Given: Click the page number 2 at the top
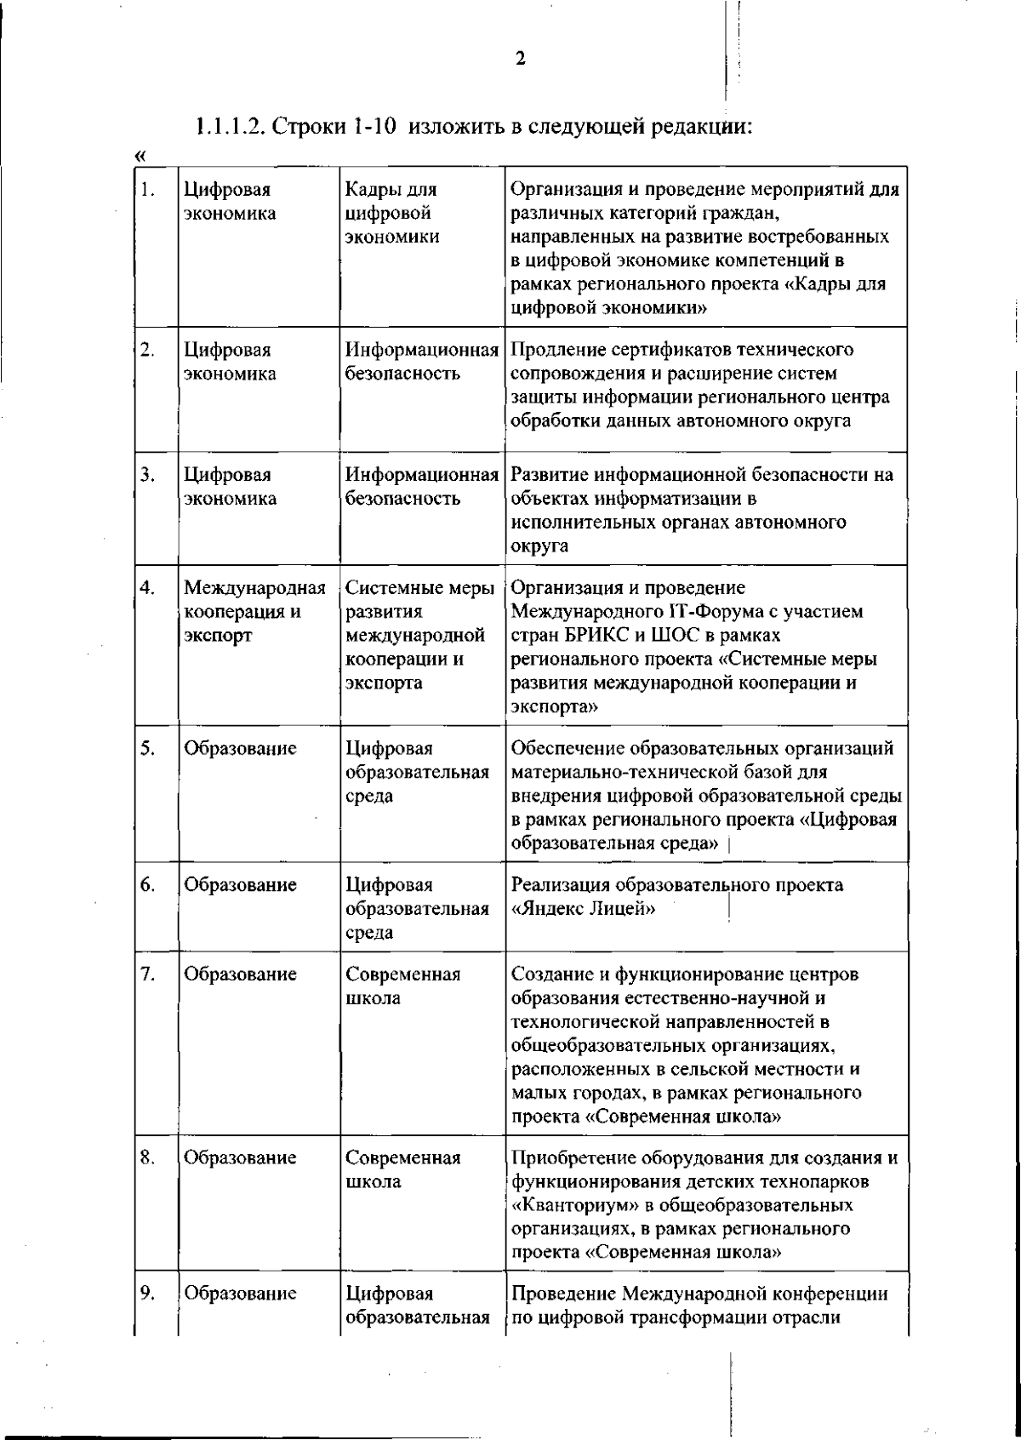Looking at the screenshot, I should coord(520,59).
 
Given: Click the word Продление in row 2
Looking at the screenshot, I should coord(556,350).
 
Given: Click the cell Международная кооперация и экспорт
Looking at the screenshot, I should coord(255,612).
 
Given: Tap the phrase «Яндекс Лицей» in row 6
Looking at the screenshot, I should coord(583,909).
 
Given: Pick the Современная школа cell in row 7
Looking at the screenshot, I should coord(402,986).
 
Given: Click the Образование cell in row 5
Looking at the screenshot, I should coord(241,748).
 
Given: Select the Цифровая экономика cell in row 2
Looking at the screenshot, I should coord(231,362).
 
